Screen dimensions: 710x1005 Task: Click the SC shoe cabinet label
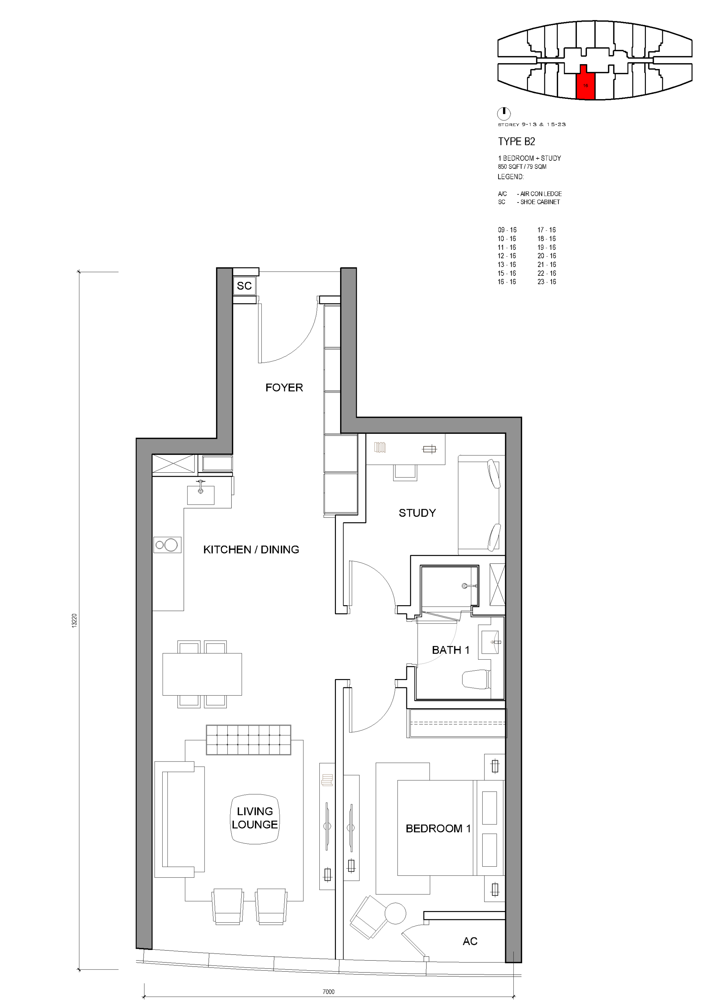pos(244,286)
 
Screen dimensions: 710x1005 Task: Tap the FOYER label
pos(284,387)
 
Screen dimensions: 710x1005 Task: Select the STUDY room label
pos(417,513)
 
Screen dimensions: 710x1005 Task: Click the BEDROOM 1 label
pos(438,828)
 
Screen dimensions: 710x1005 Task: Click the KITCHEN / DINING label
pos(251,549)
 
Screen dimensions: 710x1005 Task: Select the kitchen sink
pos(201,494)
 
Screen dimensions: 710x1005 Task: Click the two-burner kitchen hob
pos(167,544)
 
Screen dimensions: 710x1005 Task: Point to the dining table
pos(202,674)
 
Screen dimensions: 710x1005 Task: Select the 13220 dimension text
pos(74,621)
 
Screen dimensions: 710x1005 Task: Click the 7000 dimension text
pos(329,992)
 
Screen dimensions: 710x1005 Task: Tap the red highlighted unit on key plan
pos(585,82)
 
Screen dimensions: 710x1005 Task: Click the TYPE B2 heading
pos(516,141)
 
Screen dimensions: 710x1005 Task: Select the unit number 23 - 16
pos(547,282)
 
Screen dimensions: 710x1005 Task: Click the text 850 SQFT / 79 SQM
pos(522,167)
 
